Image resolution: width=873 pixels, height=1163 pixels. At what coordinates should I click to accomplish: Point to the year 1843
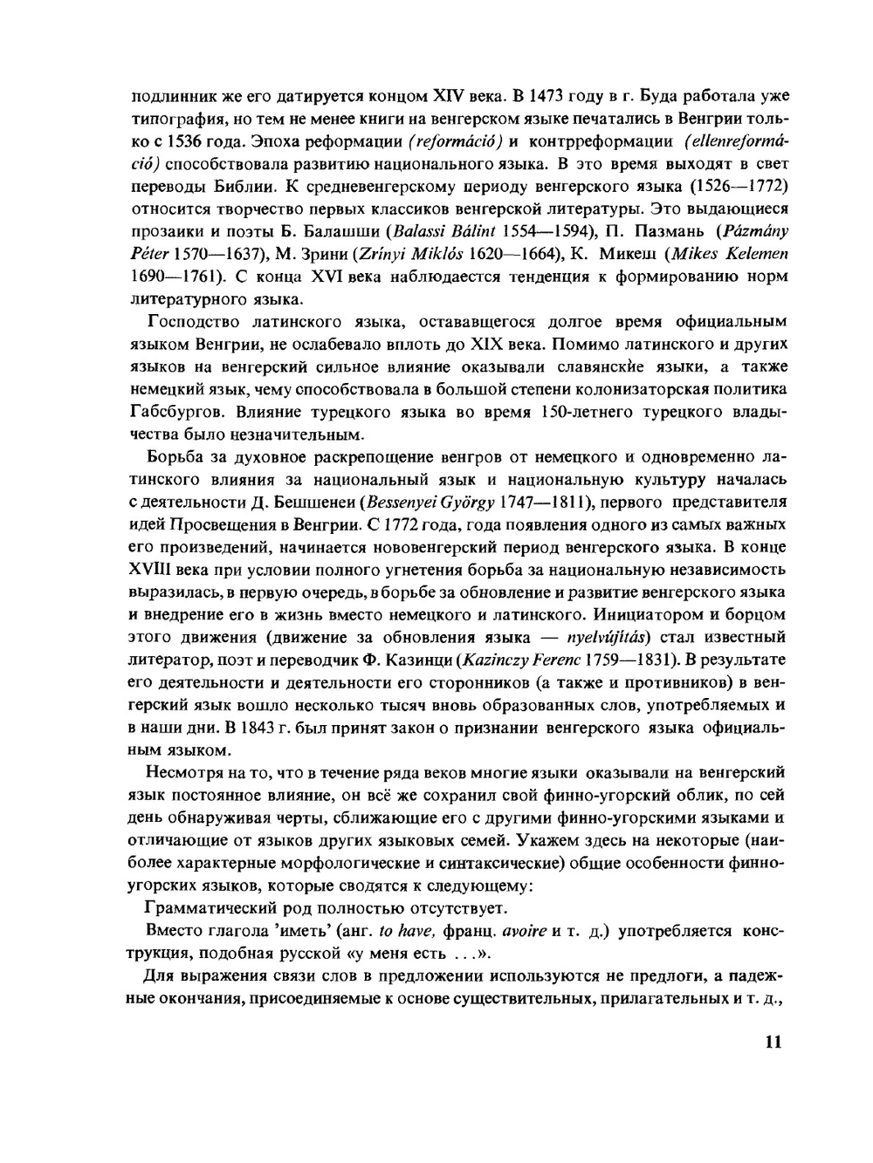[x=244, y=728]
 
